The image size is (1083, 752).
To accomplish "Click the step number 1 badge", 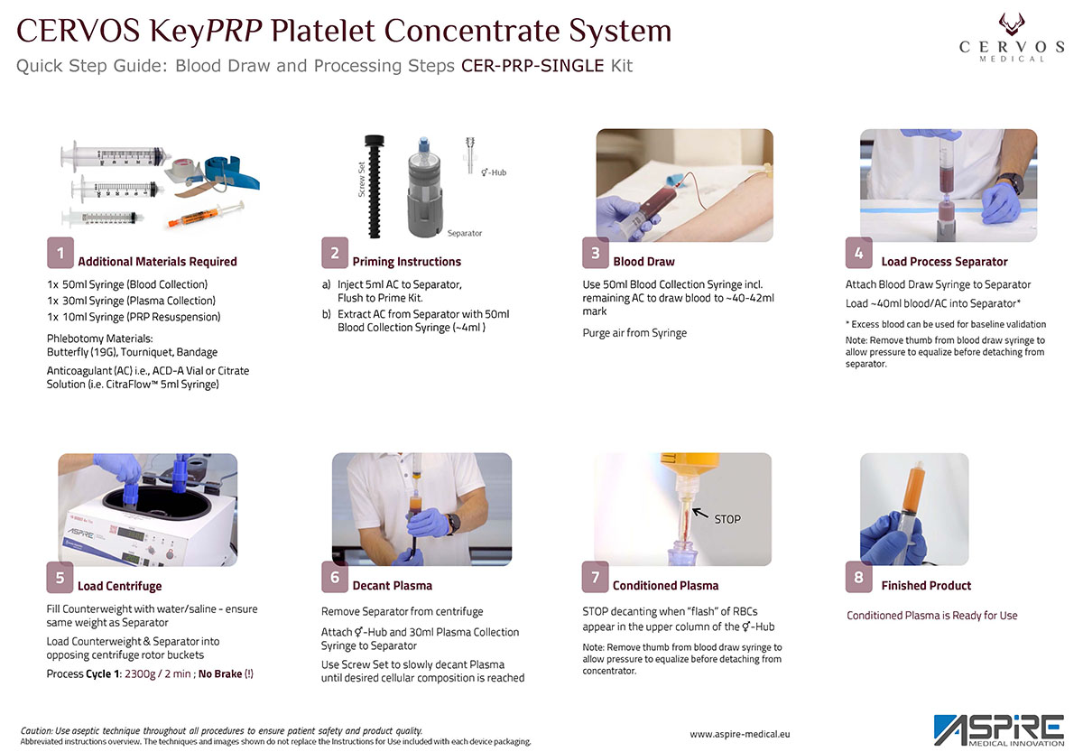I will click(x=60, y=254).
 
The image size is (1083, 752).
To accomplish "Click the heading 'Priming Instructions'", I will click(x=406, y=262).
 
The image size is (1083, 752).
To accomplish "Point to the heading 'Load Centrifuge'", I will click(x=120, y=586).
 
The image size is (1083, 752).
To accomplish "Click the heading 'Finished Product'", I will click(x=926, y=586).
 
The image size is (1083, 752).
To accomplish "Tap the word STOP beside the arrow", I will click(x=727, y=519).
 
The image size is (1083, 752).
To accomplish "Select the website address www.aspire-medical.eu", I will click(x=739, y=735).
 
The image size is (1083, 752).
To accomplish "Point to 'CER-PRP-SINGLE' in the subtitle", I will click(x=532, y=66).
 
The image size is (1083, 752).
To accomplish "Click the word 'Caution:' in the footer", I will click(x=41, y=730).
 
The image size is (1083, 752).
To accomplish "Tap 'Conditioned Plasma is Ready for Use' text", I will click(x=931, y=616).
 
